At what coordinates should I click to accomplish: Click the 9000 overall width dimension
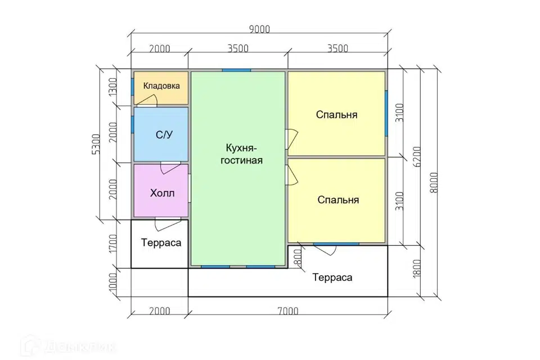click(259, 29)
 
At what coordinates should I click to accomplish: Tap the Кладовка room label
click(161, 85)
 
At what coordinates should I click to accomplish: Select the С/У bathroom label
click(164, 134)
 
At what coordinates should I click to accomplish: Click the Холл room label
click(162, 193)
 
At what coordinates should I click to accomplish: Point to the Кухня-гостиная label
click(241, 154)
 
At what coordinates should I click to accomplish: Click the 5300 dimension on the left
click(96, 144)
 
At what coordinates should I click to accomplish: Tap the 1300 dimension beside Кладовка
click(113, 87)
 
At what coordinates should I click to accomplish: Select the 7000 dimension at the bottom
click(288, 311)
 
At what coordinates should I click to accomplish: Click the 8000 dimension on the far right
click(434, 183)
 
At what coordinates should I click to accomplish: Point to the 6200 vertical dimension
click(417, 157)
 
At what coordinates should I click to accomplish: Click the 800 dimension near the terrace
click(298, 256)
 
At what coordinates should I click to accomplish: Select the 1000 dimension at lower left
click(113, 282)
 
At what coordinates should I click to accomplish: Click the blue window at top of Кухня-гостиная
click(236, 70)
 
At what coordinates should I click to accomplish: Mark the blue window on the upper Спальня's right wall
click(386, 113)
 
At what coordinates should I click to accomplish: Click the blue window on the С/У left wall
click(132, 125)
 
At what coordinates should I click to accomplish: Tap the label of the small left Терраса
click(161, 243)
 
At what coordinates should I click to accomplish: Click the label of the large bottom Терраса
click(332, 278)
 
